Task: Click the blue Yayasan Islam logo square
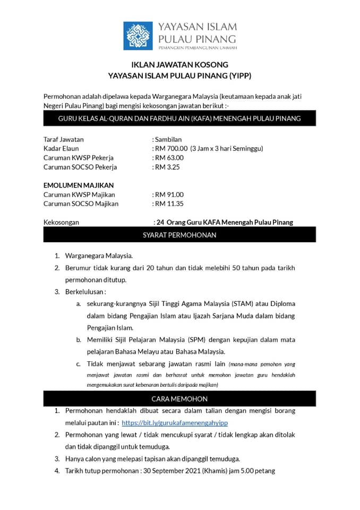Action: point(138,36)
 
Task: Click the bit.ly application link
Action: point(175,423)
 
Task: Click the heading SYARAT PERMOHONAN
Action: point(179,235)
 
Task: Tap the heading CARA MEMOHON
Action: point(179,398)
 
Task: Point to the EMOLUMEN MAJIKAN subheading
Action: point(78,185)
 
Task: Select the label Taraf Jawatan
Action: point(64,139)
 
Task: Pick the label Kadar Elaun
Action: point(61,148)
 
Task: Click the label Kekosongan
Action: point(61,223)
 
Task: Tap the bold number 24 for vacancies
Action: point(159,223)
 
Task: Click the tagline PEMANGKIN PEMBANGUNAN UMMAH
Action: point(197,48)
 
